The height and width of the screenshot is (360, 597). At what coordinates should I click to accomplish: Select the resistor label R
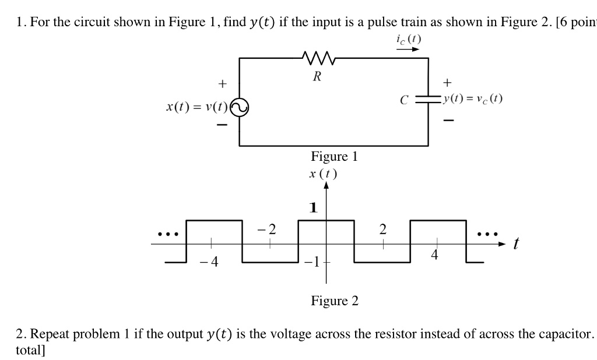(317, 76)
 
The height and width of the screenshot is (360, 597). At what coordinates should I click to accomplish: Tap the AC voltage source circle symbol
(240, 107)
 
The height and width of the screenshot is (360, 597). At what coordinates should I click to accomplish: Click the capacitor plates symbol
(429, 100)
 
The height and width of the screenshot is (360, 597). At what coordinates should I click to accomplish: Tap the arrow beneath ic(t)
(408, 50)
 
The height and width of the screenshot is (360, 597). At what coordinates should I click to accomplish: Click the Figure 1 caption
(334, 156)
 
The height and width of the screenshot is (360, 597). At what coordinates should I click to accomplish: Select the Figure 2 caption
(335, 301)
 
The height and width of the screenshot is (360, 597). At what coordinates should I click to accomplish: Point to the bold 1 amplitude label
(314, 208)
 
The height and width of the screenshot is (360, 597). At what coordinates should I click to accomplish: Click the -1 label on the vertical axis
(312, 261)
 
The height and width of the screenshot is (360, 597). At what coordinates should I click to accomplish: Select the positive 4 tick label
(434, 255)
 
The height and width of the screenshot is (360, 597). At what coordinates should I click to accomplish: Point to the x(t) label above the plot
(324, 174)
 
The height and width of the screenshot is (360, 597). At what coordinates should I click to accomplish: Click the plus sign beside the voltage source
(222, 84)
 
